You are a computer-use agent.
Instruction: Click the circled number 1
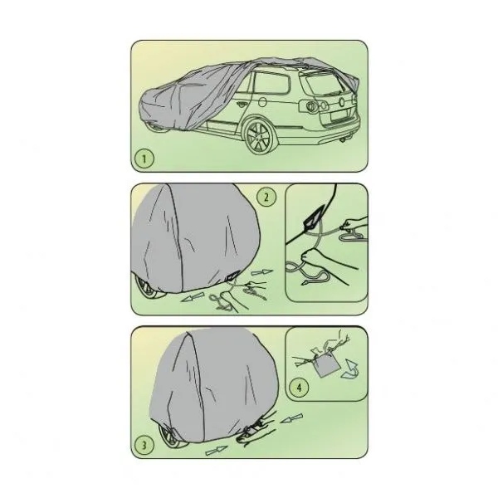[144, 158]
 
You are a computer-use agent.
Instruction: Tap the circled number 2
[266, 198]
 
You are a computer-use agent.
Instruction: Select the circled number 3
[144, 445]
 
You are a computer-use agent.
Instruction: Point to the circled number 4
[299, 387]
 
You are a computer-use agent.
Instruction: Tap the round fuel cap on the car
[262, 102]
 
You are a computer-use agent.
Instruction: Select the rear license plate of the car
[340, 115]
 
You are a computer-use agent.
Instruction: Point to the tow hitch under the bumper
[344, 139]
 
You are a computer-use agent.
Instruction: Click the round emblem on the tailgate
[342, 102]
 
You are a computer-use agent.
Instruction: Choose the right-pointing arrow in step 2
[262, 272]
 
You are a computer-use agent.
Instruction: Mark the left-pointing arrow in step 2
[192, 298]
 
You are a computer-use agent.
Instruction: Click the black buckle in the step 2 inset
[315, 216]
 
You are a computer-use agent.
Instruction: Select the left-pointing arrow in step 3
[291, 418]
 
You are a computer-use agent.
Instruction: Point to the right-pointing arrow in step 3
[217, 451]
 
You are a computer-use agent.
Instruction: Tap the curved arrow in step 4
[351, 369]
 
